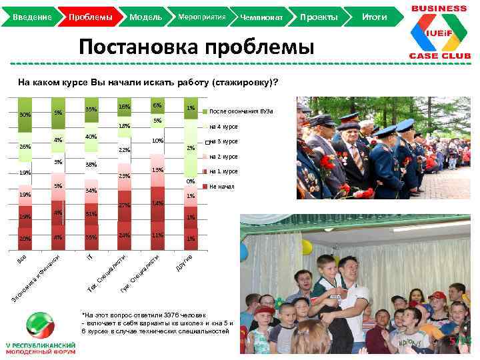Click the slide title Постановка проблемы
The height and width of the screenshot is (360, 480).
click(x=196, y=47)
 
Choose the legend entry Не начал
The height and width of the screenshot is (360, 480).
click(x=221, y=187)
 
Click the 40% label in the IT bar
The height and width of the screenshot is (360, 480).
click(x=91, y=137)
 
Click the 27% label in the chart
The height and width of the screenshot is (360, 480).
click(x=123, y=205)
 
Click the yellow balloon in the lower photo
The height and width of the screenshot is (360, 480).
click(x=306, y=247)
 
